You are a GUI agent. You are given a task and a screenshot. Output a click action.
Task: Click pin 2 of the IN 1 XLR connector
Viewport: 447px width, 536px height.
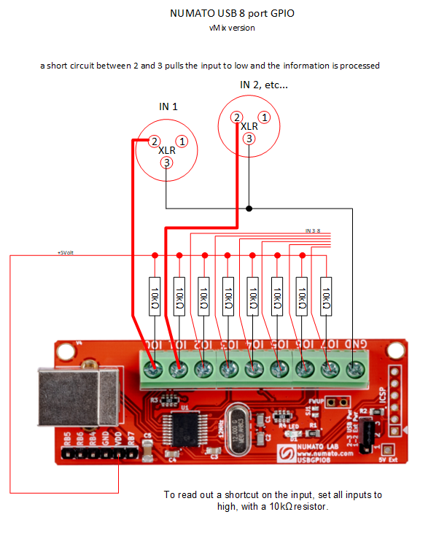pos(154,141)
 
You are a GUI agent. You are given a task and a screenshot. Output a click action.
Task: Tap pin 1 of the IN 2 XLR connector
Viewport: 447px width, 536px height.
pos(265,117)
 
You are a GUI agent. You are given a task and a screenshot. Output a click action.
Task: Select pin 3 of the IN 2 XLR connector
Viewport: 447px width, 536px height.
pos(249,138)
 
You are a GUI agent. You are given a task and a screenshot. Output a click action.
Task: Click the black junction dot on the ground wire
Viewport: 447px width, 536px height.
pos(249,209)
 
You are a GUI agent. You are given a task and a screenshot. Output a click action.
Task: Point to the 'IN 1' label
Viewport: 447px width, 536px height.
pos(168,106)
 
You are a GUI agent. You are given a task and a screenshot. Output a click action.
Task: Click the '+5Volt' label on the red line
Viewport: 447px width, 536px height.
pos(66,252)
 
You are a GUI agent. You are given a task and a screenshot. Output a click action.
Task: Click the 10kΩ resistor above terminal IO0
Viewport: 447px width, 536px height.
pos(155,298)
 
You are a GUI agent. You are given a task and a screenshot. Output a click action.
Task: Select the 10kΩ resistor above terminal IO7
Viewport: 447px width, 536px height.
pos(326,298)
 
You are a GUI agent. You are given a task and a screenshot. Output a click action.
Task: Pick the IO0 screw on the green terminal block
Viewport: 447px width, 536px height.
pos(154,370)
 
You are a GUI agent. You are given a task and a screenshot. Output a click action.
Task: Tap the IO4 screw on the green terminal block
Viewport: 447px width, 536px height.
pos(253,370)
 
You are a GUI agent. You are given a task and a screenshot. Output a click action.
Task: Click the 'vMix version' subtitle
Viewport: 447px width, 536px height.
pos(231,28)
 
